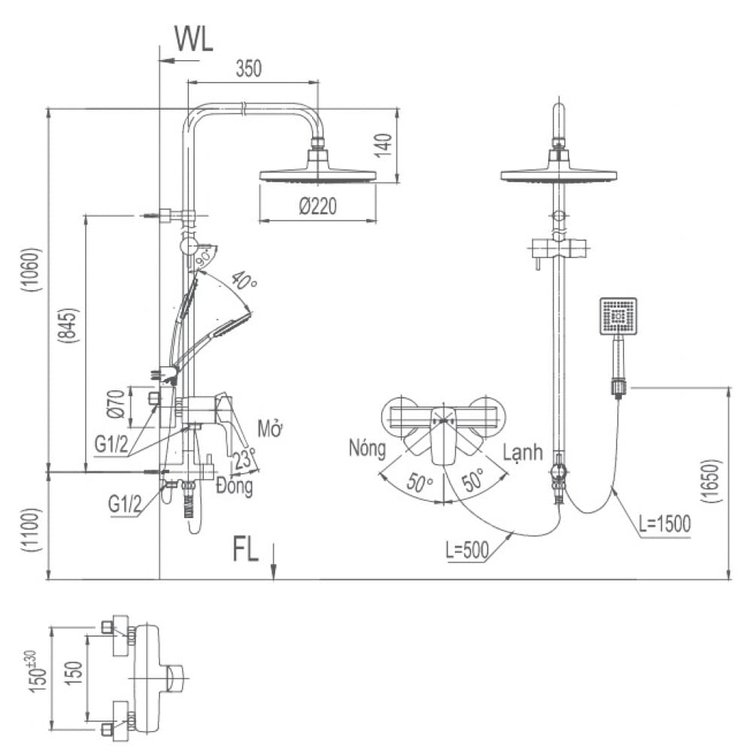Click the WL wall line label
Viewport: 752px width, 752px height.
pyautogui.click(x=193, y=38)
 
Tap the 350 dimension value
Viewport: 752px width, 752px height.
pyautogui.click(x=248, y=68)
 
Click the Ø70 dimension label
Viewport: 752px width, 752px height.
pyautogui.click(x=116, y=405)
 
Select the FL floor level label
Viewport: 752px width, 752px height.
pyautogui.click(x=245, y=550)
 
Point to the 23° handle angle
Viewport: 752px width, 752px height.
pyautogui.click(x=244, y=458)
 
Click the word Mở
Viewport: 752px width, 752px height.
pyautogui.click(x=268, y=429)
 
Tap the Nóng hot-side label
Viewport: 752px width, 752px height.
pyautogui.click(x=367, y=449)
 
